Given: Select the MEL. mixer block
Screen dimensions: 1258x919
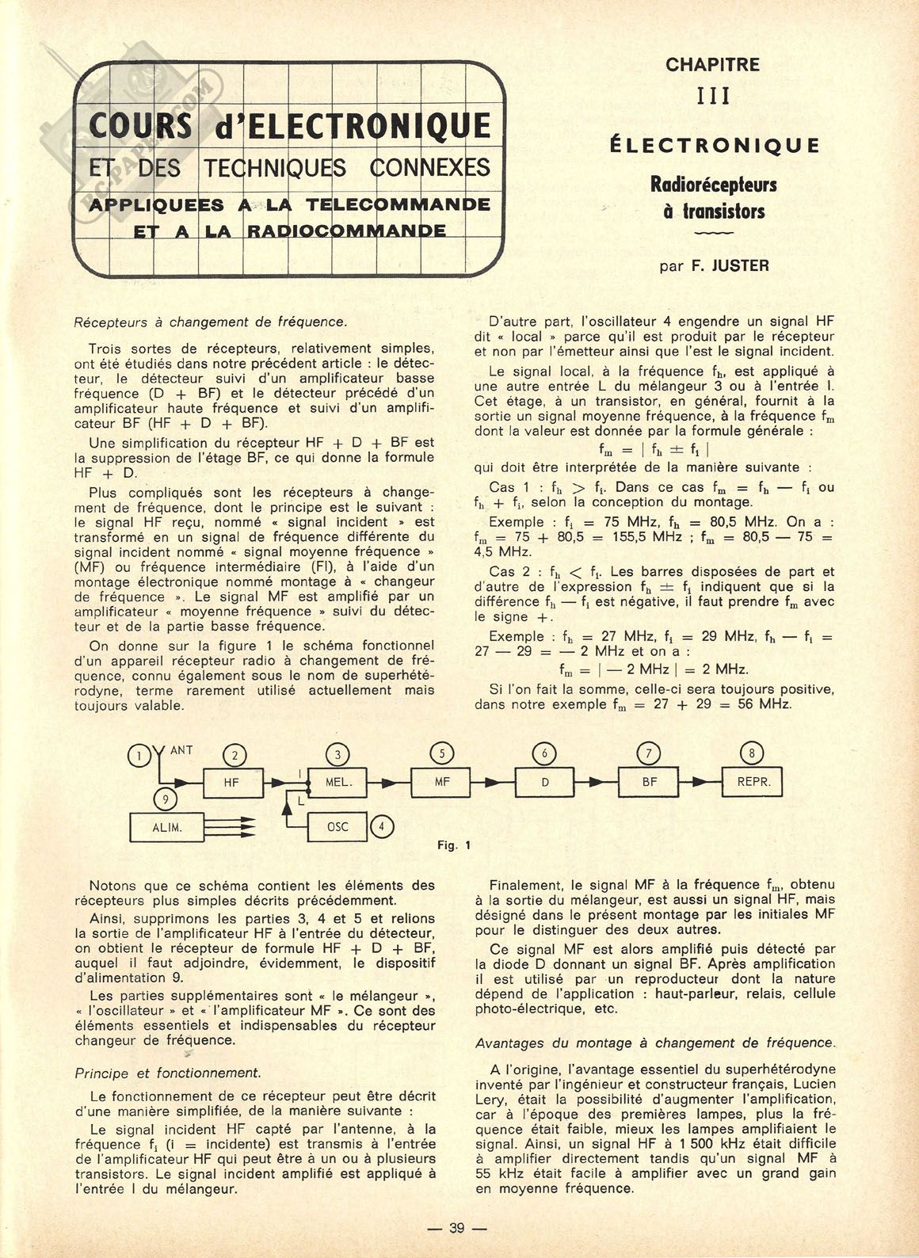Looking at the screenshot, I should pos(338,783).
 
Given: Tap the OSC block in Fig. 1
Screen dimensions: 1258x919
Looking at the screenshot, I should pos(338,827).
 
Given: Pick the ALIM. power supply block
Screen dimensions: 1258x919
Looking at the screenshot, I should pos(167,827).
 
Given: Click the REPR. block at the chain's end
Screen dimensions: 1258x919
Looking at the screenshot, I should pos(753,783).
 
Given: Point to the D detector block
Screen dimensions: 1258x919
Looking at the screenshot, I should pos(545,783).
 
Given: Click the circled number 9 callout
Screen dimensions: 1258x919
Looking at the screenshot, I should pos(166,799).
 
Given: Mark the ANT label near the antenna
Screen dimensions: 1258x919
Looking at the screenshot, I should pos(181,749).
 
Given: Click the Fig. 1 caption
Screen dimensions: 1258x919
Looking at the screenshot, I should pos(454,845).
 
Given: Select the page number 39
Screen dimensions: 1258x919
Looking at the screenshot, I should pos(457,1228).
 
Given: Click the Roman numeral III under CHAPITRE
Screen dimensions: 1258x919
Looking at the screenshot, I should pos(712,96).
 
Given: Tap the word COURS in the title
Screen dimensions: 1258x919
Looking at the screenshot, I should pos(141,127).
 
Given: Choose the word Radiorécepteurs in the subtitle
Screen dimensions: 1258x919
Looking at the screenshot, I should pos(713,185).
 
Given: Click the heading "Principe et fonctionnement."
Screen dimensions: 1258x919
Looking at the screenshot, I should pos(167,1073).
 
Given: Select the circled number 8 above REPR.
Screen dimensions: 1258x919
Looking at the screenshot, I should pos(751,753).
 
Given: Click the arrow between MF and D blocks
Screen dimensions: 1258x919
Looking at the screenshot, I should pos(493,783).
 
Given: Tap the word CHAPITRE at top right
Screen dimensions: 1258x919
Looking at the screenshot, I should pos(712,64).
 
